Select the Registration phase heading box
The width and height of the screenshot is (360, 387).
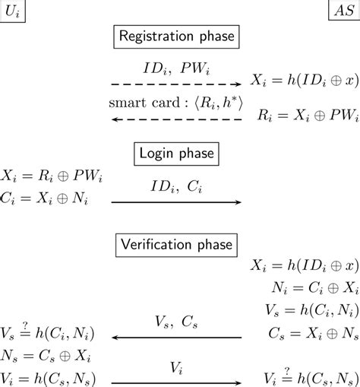click(176, 36)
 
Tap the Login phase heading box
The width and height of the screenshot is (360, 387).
click(175, 154)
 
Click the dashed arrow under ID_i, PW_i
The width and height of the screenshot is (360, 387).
click(176, 84)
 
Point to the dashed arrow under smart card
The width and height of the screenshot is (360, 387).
click(176, 119)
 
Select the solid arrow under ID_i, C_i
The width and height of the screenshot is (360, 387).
click(176, 202)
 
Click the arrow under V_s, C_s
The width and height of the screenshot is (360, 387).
click(176, 338)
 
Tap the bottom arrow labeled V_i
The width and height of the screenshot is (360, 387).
click(176, 379)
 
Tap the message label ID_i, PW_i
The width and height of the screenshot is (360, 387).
click(176, 66)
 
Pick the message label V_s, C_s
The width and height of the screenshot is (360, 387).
click(176, 322)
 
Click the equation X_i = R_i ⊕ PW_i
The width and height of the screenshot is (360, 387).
click(52, 176)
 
